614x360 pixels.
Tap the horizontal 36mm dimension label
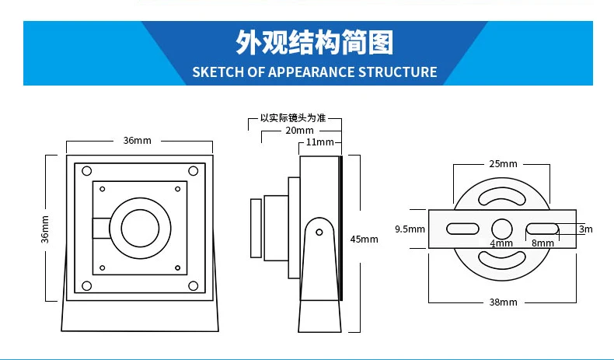(138, 141)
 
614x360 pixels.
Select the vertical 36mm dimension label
(44, 229)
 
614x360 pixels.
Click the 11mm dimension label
(319, 142)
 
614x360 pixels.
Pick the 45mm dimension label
(365, 239)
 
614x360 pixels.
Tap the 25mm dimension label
(503, 164)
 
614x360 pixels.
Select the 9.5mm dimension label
(410, 229)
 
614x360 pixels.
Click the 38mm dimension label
(503, 302)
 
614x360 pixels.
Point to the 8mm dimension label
(542, 243)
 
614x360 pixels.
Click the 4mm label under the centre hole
(501, 243)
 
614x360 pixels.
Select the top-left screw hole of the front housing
(86, 171)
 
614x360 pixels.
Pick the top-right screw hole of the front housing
(193, 171)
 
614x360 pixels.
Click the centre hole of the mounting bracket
(502, 229)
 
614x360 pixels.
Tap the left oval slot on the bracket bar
(462, 229)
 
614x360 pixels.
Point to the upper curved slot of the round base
(503, 194)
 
